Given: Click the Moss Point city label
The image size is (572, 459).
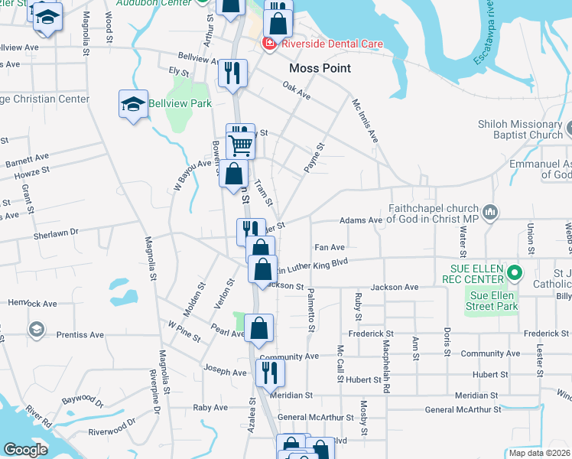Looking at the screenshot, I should (x=320, y=68).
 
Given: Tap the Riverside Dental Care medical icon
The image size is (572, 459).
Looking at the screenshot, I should (x=268, y=44).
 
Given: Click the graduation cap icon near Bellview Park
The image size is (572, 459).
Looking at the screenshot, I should (x=133, y=104).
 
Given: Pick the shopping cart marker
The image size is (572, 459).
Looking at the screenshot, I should (x=241, y=143).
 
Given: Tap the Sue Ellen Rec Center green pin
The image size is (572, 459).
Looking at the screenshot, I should (x=515, y=272).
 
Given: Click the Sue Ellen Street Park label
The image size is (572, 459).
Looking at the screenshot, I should (x=493, y=301).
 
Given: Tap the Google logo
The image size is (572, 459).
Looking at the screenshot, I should (x=26, y=449).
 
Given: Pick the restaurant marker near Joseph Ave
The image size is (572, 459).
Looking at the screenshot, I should (x=269, y=373).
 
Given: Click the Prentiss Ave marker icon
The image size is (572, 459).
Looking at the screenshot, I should (x=35, y=330).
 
